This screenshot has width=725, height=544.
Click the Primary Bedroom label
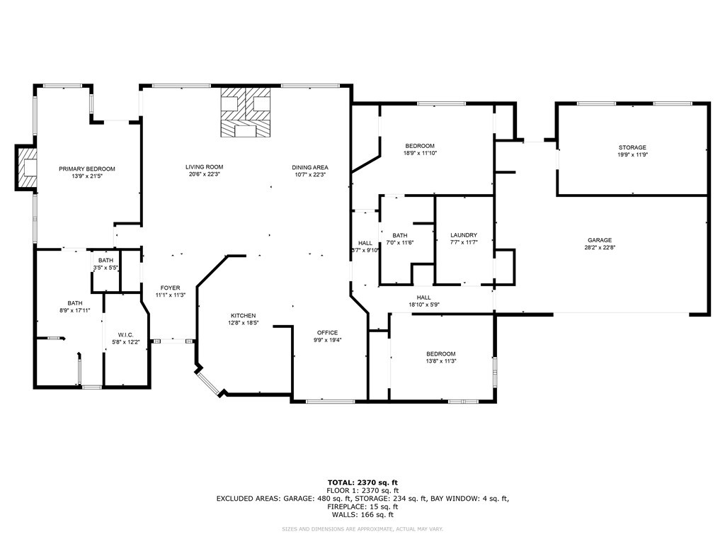pos(87,169)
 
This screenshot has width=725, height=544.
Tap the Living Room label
pos(205,167)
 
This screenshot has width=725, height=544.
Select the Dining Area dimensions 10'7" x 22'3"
pos(310,174)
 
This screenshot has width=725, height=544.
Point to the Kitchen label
pos(244,315)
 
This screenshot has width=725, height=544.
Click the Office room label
pos(327,333)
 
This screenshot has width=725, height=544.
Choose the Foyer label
pos(170,288)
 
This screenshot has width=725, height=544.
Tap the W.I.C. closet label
pos(126,335)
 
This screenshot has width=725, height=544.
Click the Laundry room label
pos(463,235)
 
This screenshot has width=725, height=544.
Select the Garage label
pos(600,240)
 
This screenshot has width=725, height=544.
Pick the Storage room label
pos(632,147)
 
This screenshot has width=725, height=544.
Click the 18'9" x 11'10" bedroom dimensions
pos(421,153)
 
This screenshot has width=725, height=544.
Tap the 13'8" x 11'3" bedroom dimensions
pos(441,361)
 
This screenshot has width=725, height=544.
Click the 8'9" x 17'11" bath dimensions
pos(75,310)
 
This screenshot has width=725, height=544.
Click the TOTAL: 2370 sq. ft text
pos(362,482)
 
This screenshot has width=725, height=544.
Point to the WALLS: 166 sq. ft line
pos(362,514)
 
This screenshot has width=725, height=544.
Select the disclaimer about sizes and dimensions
pos(362,528)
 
